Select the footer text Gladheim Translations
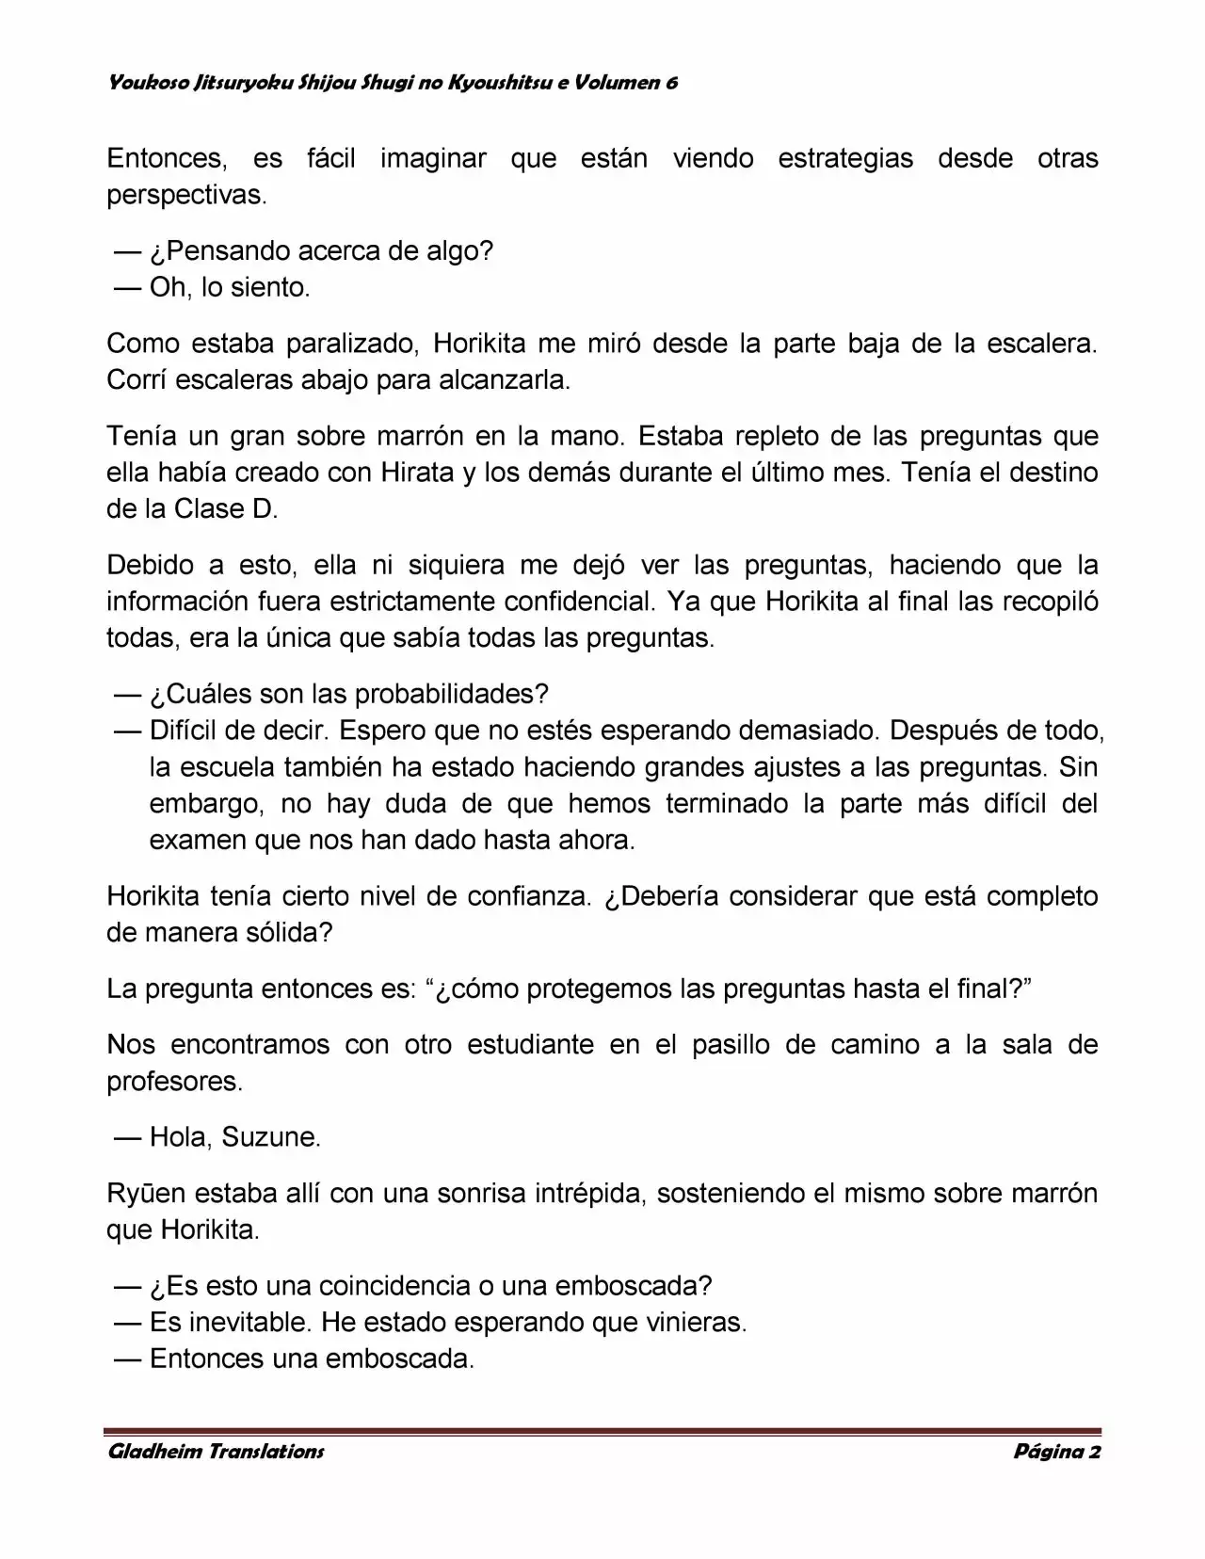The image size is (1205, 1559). click(216, 1451)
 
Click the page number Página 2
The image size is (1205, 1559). click(1056, 1451)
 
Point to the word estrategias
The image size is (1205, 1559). click(844, 158)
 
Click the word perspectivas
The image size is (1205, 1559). click(186, 195)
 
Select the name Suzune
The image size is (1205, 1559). click(270, 1137)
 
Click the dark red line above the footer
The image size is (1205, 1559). click(602, 1431)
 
